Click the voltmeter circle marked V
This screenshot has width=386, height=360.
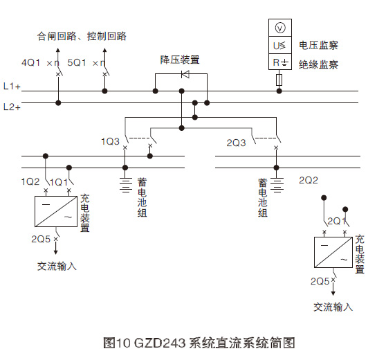coord(279,28)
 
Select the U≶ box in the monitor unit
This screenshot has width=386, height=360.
coord(279,46)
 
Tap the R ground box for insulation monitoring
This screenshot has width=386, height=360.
coord(279,63)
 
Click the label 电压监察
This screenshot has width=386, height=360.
coord(318,46)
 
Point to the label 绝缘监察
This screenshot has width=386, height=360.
coord(318,64)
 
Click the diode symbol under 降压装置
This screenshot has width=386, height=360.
coord(185,73)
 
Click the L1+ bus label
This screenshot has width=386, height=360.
coord(12,87)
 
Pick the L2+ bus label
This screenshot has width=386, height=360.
coord(12,107)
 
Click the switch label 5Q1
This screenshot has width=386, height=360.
coord(77,62)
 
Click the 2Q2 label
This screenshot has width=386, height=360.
coord(308,180)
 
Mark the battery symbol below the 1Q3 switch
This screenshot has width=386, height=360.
coord(125,185)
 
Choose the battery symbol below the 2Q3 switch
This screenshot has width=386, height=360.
coord(277,185)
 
